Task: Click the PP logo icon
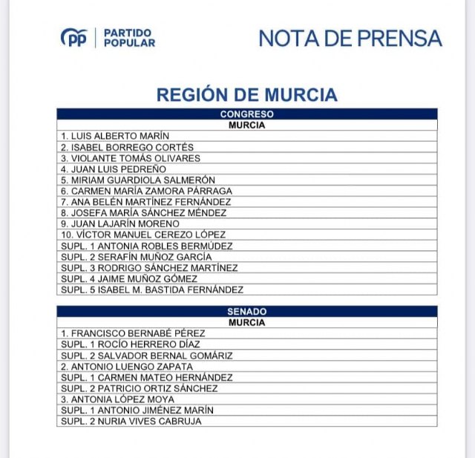click(x=74, y=38)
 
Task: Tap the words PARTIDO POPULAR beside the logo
click(x=129, y=38)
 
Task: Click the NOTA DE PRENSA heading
click(x=350, y=39)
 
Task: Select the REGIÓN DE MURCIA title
click(x=246, y=95)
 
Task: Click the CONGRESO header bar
click(x=246, y=114)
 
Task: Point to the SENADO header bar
click(x=246, y=312)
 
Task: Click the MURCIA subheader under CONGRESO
click(x=246, y=125)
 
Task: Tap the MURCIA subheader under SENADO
click(x=246, y=323)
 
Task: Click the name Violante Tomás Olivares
click(x=131, y=158)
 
